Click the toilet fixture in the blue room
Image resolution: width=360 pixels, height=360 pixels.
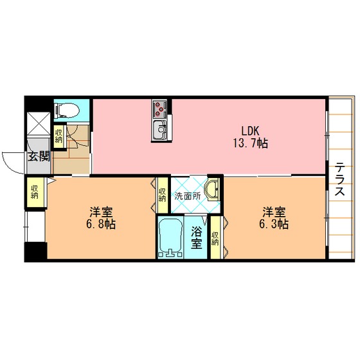point(67,111)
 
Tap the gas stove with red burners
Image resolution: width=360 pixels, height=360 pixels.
point(160,109)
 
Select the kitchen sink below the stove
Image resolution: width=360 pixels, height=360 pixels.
point(160,130)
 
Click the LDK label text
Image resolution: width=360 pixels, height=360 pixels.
point(250,131)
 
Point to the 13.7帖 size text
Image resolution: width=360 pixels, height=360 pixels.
point(251,143)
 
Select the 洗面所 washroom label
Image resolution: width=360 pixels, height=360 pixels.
point(188,196)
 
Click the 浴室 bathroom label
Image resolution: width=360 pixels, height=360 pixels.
point(197,237)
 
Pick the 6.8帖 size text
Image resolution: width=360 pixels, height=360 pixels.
point(101,224)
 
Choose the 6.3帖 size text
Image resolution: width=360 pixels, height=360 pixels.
point(274,224)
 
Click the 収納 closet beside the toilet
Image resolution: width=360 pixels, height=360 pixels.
point(59,136)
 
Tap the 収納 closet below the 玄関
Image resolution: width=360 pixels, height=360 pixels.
point(35,192)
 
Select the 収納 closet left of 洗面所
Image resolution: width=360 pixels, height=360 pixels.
point(162,195)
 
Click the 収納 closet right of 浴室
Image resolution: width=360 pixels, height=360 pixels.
point(215,238)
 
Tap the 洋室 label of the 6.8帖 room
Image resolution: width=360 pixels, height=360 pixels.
point(101,212)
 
